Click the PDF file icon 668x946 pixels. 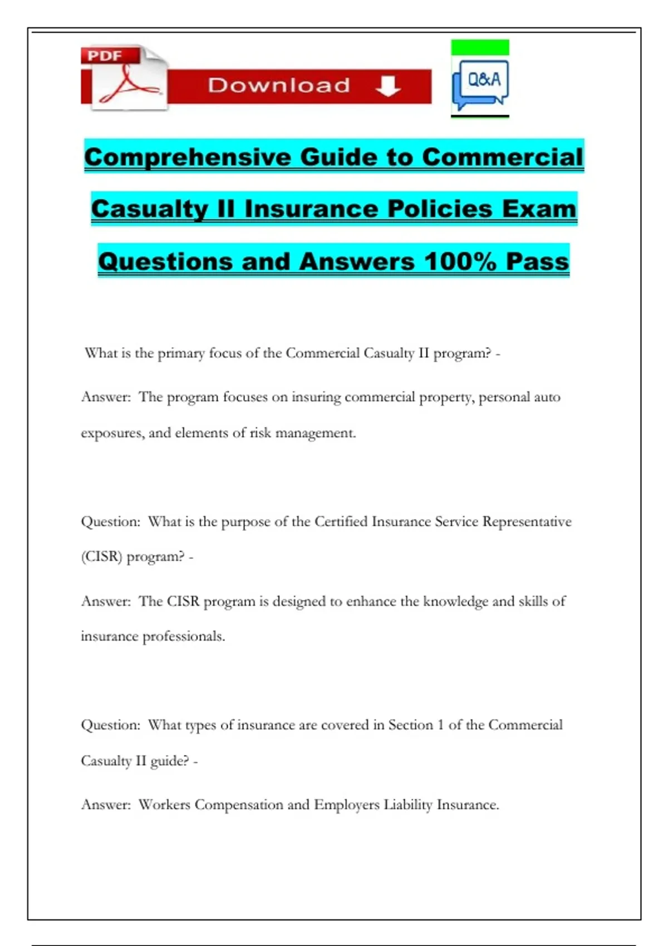(125, 78)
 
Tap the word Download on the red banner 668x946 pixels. (279, 86)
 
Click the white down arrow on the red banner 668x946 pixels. (388, 86)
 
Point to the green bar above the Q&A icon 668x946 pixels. (480, 47)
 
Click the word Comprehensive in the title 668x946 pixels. (188, 157)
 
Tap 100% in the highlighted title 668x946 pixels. (460, 261)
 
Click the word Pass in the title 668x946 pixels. (537, 261)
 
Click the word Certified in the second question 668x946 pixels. (341, 521)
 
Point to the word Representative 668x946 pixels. (527, 521)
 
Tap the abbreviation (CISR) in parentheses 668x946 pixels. (101, 556)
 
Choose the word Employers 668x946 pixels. (346, 805)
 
